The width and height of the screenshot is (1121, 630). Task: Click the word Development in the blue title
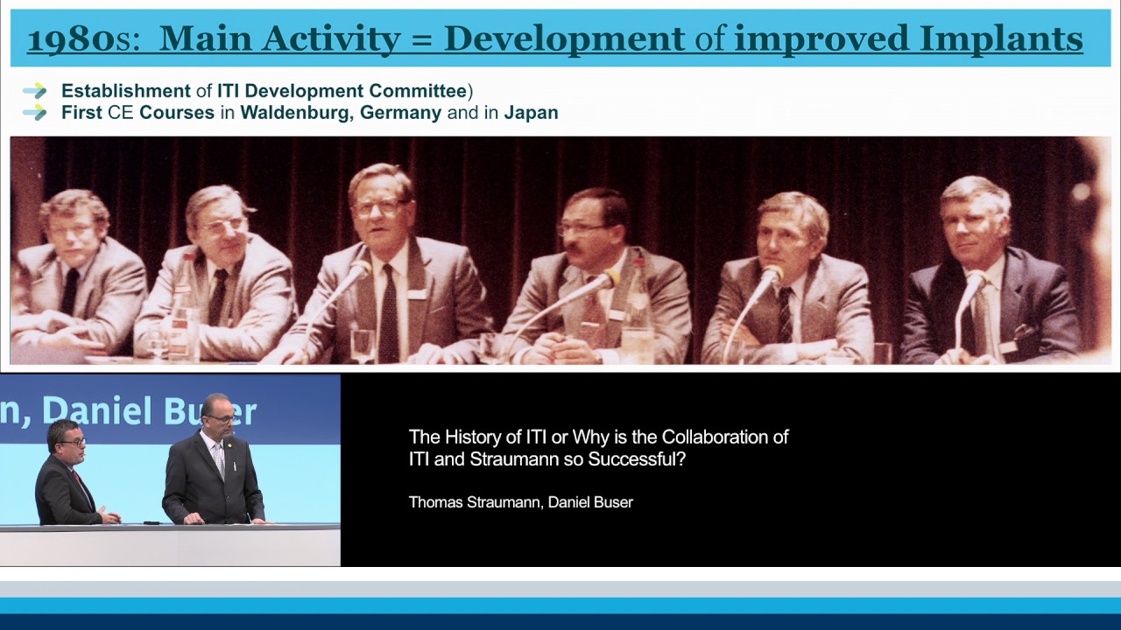[x=565, y=39]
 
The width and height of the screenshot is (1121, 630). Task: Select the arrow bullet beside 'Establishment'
[x=34, y=91]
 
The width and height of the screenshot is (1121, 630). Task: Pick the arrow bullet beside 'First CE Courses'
[x=34, y=113]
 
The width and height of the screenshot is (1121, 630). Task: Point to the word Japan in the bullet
[x=531, y=114]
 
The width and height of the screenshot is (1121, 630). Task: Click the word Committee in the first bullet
[x=418, y=91]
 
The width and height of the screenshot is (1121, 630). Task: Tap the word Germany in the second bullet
[x=400, y=114]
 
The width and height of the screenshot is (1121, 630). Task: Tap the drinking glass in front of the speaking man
[x=363, y=346]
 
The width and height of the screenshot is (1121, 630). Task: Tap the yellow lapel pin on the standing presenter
[x=229, y=442]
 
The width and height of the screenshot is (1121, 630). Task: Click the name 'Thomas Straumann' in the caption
[x=475, y=502]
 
